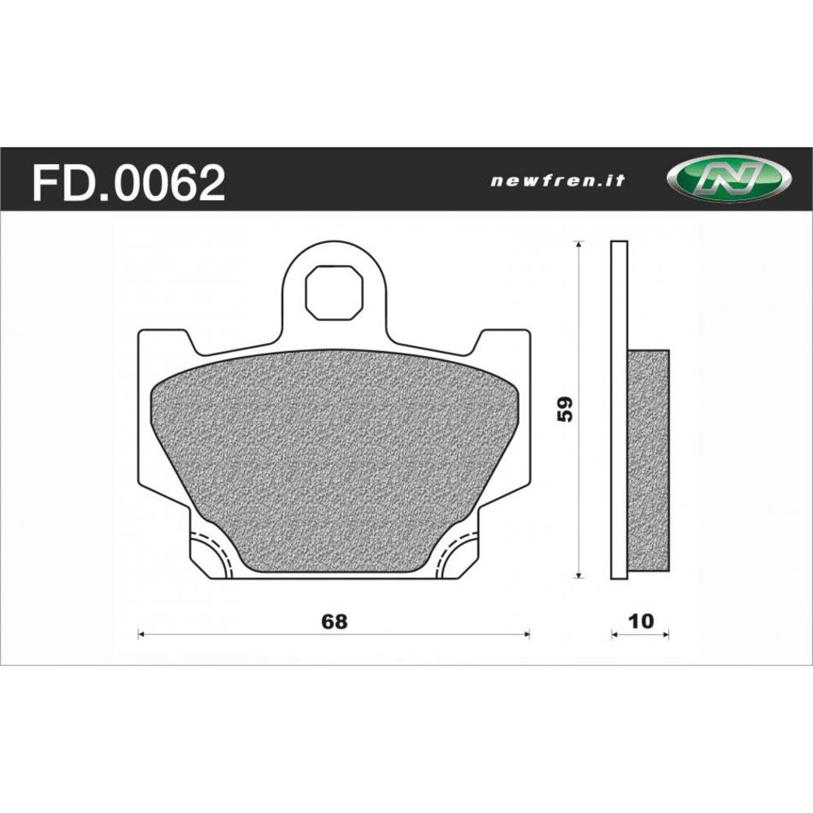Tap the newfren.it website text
coord(557,181)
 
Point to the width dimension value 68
coord(334,622)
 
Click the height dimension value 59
coord(567,409)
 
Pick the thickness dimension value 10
coord(641,622)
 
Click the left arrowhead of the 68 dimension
coord(141,634)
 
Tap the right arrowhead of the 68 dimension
coord(527,634)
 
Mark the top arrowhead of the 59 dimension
coord(578,245)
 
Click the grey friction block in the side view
coord(649,459)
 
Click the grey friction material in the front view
coord(333,455)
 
